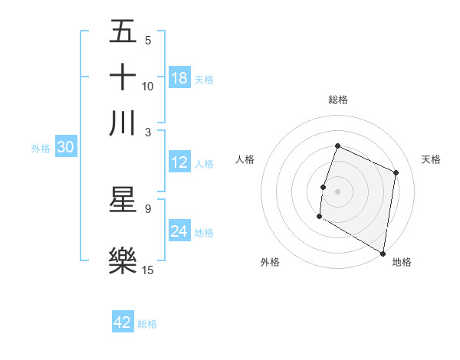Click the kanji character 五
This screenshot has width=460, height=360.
point(123,32)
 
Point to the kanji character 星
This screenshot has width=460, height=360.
point(123,200)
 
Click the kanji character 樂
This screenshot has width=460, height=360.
point(123,260)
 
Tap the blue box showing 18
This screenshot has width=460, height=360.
point(179,79)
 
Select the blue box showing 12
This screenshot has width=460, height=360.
point(179,163)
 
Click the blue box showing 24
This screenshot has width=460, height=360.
point(179,232)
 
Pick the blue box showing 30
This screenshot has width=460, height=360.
point(65,148)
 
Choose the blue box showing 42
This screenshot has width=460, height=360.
point(123,322)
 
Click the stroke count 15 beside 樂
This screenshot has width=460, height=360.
point(148,270)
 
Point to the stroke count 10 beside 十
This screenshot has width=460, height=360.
point(148,87)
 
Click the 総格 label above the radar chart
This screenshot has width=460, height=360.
point(338,100)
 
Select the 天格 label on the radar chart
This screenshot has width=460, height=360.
point(432,159)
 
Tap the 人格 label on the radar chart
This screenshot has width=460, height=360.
point(245,159)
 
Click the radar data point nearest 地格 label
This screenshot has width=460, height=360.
point(383,252)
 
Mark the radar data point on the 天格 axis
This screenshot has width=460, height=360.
point(396,172)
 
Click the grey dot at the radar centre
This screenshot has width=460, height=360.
point(338,191)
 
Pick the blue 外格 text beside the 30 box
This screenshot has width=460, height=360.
point(40,149)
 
